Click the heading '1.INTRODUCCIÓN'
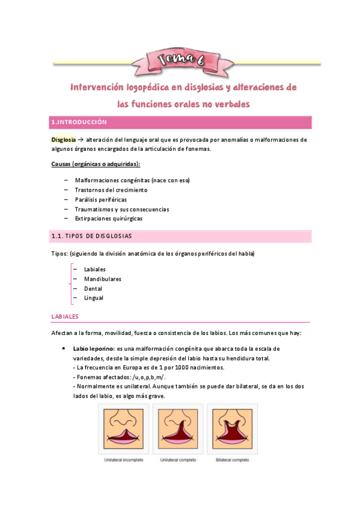(x=79, y=122)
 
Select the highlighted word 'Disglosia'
(x=63, y=140)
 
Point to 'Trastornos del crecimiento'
(x=111, y=190)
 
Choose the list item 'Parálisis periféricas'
(x=101, y=200)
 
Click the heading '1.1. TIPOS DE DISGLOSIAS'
(x=91, y=236)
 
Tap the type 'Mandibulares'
(x=103, y=279)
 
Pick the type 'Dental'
(x=93, y=289)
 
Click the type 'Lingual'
(x=94, y=298)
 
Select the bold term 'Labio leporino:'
(x=94, y=349)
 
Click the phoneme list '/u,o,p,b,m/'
(x=139, y=377)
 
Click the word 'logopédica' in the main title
(x=147, y=88)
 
